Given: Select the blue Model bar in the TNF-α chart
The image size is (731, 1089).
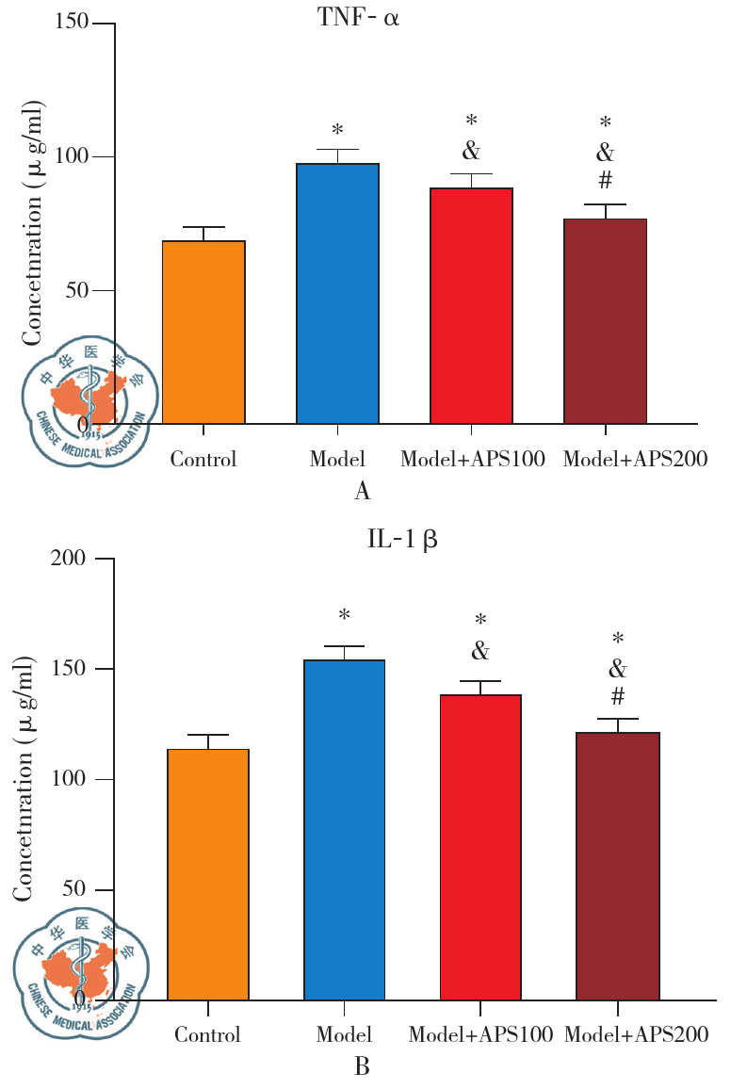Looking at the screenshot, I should pos(337,293).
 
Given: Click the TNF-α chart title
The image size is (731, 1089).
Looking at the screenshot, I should pos(358,18).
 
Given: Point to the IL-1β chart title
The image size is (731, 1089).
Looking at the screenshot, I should pos(402,540).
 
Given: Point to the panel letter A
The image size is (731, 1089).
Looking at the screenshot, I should pos(361,491).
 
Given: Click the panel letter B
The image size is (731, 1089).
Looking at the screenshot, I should pos(362,1066).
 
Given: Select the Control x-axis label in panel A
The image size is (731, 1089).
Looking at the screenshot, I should pos(203,460).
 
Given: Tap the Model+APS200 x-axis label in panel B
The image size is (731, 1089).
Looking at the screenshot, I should pos(636,1034).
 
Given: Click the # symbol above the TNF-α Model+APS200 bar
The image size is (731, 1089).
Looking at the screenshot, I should pos(606,180).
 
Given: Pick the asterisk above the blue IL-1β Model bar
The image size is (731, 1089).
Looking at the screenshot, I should pos(345,616).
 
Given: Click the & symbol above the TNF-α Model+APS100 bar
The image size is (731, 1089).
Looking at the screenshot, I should pos(471,150).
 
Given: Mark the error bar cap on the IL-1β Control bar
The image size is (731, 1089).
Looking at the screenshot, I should pos(208,735).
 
